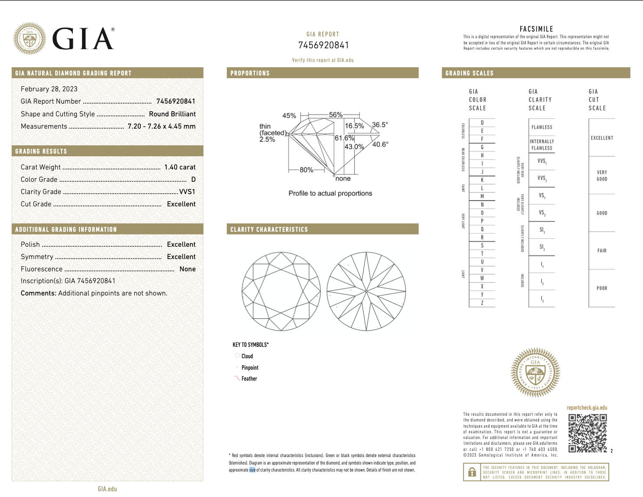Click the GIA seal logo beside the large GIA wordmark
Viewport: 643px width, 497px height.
(29, 39)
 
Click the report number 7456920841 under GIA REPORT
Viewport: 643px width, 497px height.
(323, 45)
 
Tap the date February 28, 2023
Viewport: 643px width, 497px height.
(49, 89)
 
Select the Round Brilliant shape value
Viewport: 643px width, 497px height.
(172, 114)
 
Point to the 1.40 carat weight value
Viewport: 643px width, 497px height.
(180, 167)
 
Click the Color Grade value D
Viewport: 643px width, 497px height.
(193, 179)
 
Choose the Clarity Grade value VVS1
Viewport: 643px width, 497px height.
(187, 191)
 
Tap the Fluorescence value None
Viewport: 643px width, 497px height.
(188, 269)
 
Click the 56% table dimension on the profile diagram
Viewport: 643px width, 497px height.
(336, 115)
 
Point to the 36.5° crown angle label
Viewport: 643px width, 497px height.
(380, 125)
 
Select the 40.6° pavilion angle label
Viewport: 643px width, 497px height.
(380, 144)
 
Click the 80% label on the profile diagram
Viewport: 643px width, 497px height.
(306, 170)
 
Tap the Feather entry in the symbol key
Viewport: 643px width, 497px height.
(249, 378)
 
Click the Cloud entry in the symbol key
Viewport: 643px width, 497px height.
(247, 356)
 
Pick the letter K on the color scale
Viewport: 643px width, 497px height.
(482, 180)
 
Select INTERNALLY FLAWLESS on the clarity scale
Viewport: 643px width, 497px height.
(542, 144)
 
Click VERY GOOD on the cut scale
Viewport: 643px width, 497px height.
(602, 176)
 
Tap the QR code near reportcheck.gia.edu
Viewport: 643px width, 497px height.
(587, 433)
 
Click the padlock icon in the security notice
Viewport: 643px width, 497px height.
(472, 472)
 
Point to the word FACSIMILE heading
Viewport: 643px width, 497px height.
(536, 29)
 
